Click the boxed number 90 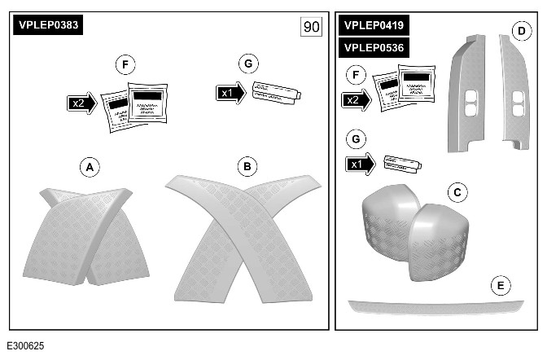pos(311,26)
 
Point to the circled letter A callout pos(91,167)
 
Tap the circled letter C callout pos(457,191)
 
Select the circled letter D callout pos(520,32)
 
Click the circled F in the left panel pos(125,63)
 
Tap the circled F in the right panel pos(352,75)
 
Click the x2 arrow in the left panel pos(82,103)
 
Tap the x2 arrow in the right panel pos(357,99)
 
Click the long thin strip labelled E pos(435,306)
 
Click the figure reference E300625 pos(27,346)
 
